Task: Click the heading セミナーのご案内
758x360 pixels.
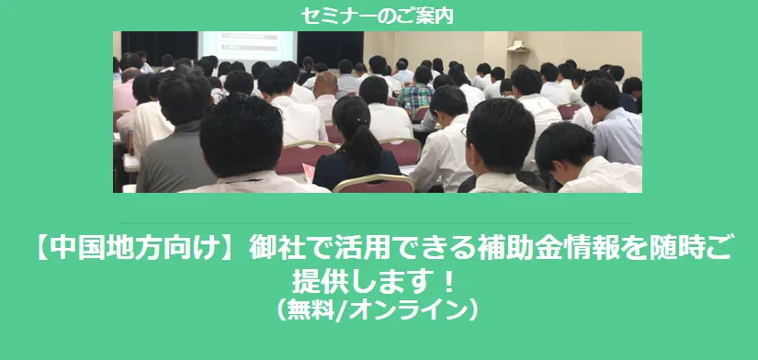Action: [378, 16]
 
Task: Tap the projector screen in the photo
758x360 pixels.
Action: [247, 46]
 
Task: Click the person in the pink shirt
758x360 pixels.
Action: [125, 89]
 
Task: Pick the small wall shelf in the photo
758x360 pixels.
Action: [518, 47]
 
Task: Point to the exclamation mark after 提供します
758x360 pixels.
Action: [448, 283]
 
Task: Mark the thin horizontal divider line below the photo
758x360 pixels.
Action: [377, 224]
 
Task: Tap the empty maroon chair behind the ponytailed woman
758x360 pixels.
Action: [373, 184]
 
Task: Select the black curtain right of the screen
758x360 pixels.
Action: [330, 49]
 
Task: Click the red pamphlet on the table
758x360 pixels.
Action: [309, 171]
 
